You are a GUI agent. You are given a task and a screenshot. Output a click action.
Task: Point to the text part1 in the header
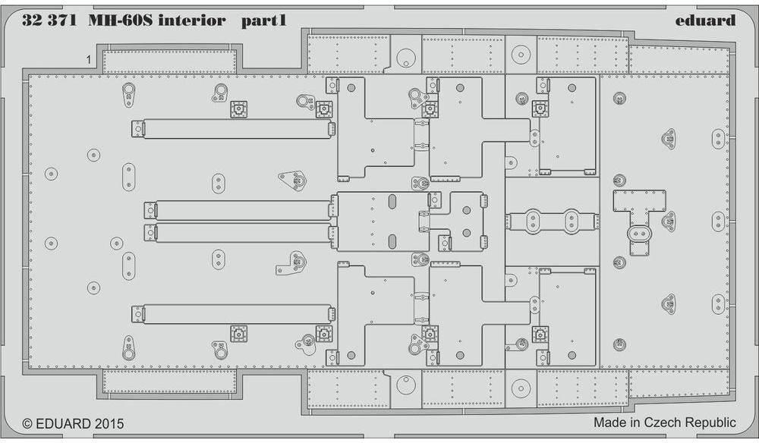tap(263, 21)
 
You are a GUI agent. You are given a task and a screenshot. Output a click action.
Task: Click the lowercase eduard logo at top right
tap(706, 20)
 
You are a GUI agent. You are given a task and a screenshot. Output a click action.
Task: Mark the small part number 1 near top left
tap(89, 58)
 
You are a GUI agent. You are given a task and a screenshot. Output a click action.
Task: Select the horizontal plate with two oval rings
tap(552, 221)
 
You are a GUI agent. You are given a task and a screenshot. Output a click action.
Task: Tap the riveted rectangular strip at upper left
tap(168, 61)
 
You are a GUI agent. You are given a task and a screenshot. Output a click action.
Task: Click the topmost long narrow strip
tap(235, 129)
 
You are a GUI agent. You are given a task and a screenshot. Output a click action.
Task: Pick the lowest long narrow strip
tap(235, 313)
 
